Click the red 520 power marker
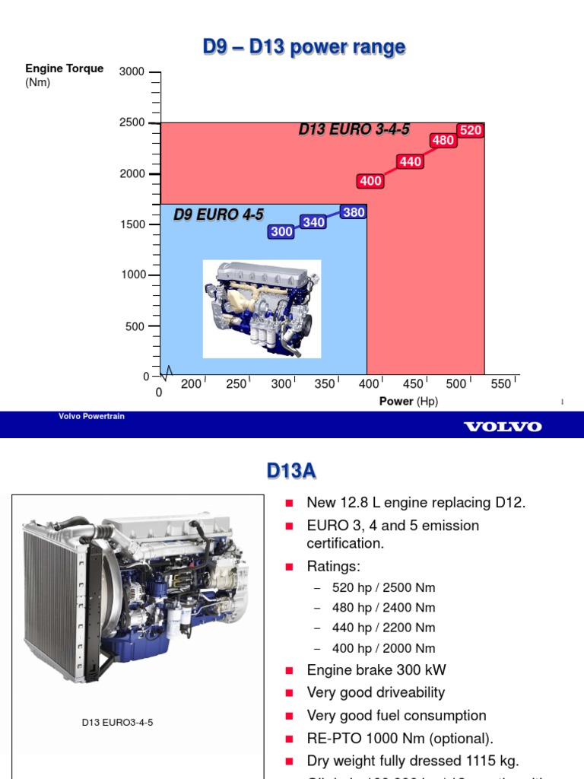point(471,130)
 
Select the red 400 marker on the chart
point(370,181)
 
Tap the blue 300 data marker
point(281,232)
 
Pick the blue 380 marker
point(354,212)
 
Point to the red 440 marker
point(411,161)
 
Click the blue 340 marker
point(313,222)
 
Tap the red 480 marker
point(443,140)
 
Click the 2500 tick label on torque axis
point(132,122)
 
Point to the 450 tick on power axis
point(413,384)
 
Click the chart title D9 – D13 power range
point(303,48)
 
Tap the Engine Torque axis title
point(64,68)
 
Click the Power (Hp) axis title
point(408,401)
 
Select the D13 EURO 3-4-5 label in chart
point(354,130)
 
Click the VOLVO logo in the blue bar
point(503,427)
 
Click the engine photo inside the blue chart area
point(262,308)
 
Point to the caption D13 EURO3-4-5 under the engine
point(118,722)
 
